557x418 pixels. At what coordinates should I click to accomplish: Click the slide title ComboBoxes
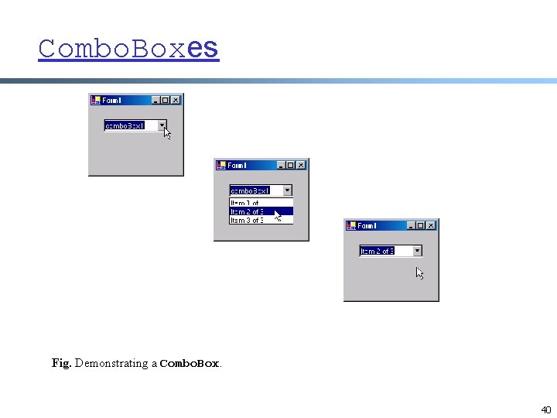pyautogui.click(x=128, y=49)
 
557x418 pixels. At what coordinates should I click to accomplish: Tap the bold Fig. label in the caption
pyautogui.click(x=61, y=363)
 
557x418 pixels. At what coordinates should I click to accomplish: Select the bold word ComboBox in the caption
pyautogui.click(x=190, y=363)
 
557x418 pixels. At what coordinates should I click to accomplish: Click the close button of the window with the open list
pyautogui.click(x=301, y=165)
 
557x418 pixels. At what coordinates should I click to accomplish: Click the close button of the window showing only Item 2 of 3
pyautogui.click(x=431, y=225)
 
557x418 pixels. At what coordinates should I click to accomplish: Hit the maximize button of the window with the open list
pyautogui.click(x=291, y=165)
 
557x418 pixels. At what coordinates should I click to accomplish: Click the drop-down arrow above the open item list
pyautogui.click(x=287, y=190)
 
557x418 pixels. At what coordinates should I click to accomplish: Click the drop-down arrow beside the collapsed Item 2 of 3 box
pyautogui.click(x=417, y=250)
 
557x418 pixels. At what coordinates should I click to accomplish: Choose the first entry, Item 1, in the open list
pyautogui.click(x=248, y=203)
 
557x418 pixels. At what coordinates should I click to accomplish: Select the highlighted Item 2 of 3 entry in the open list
pyautogui.click(x=248, y=211)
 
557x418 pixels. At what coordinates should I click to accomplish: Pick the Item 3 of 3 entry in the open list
pyautogui.click(x=248, y=221)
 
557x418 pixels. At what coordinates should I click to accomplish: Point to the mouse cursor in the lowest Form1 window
pyautogui.click(x=419, y=272)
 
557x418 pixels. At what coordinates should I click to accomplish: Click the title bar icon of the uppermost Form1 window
pyautogui.click(x=96, y=100)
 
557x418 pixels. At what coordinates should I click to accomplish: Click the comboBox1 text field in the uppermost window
pyautogui.click(x=129, y=125)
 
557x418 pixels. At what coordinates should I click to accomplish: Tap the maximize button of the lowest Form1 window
pyautogui.click(x=421, y=225)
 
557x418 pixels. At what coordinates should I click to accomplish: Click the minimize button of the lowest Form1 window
pyautogui.click(x=411, y=225)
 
